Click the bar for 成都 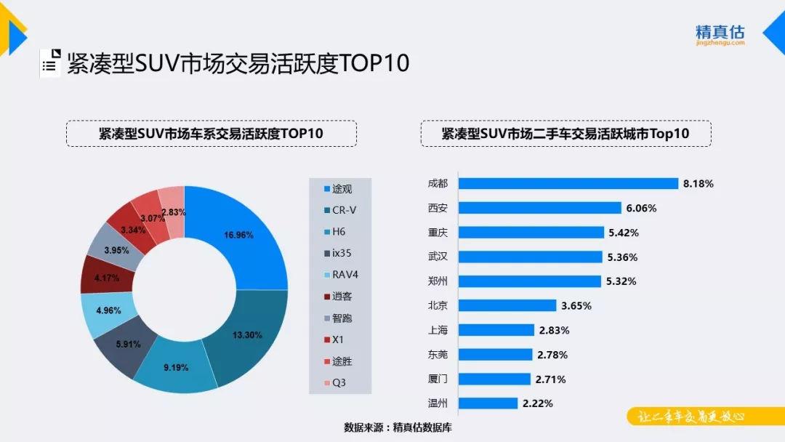point(567,184)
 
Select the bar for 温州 point(488,403)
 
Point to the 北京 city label point(438,305)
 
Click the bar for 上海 point(496,330)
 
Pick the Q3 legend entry point(339,383)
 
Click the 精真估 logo point(720,34)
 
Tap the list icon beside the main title point(50,63)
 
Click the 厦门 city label point(438,379)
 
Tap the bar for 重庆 point(531,233)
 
